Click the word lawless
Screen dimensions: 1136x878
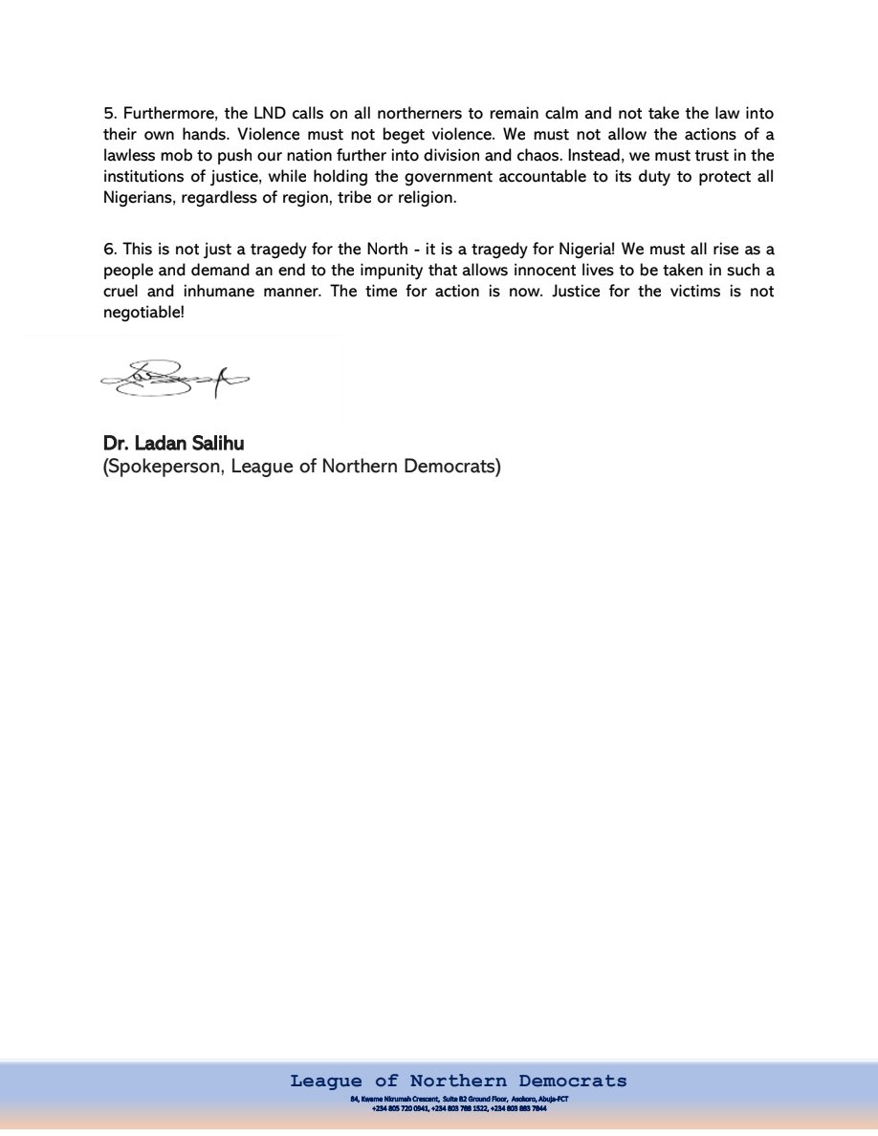(129, 156)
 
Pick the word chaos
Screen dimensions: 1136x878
(513, 156)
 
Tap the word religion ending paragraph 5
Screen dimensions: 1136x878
(427, 199)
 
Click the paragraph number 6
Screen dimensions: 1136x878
(108, 250)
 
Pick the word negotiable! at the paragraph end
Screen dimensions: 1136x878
(143, 313)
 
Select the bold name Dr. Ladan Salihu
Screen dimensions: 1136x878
(173, 445)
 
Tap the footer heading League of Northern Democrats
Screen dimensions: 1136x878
(458, 1081)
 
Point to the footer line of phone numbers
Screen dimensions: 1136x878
(458, 1109)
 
